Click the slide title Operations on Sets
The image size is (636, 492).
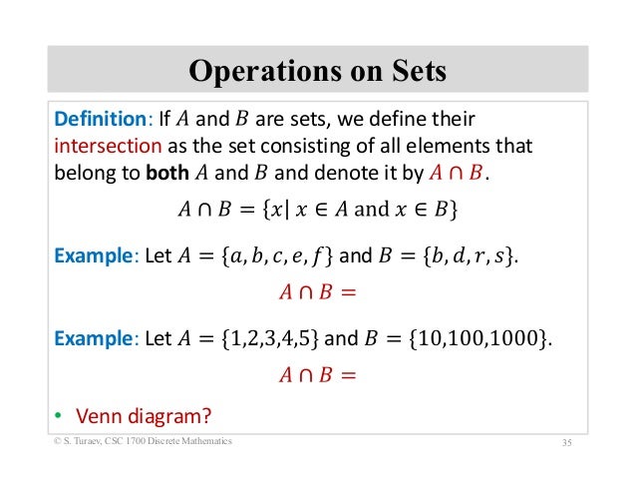(317, 72)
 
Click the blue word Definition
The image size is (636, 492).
(99, 120)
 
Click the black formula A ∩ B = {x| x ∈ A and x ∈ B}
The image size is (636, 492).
(318, 211)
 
